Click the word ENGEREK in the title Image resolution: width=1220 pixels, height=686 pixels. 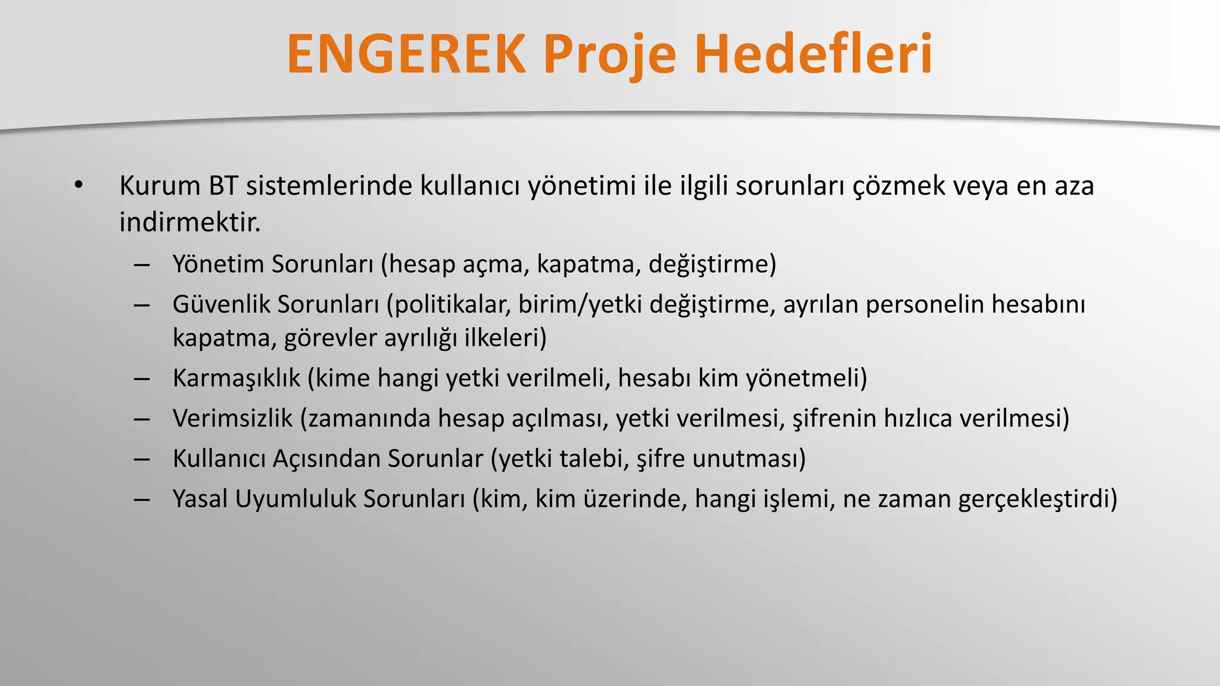click(406, 54)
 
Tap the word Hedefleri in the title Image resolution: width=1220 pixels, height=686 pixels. click(813, 54)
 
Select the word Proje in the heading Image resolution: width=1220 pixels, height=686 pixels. click(609, 55)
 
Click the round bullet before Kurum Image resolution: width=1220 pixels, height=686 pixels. click(78, 186)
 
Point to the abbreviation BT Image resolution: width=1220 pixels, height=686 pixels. click(223, 186)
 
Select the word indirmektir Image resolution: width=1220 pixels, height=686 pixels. click(189, 223)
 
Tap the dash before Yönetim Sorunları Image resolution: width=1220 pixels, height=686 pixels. click(142, 264)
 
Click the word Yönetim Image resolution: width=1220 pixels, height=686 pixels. click(218, 264)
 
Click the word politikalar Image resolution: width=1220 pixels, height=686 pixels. click(452, 304)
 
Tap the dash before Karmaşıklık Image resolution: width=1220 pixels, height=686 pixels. click(142, 379)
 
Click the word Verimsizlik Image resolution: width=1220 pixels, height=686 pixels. click(232, 418)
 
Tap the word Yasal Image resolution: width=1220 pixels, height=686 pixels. click(200, 499)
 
